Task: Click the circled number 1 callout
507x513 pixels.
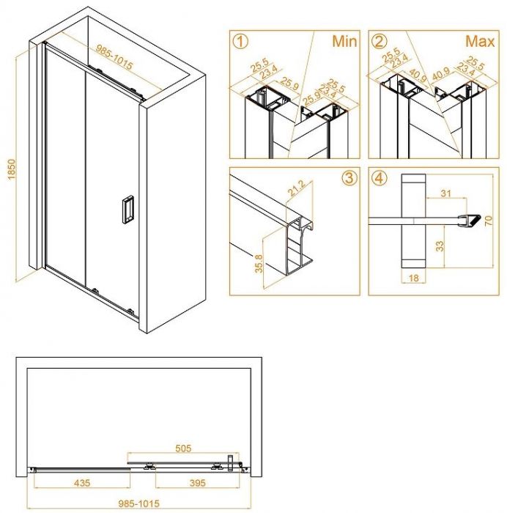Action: click(240, 40)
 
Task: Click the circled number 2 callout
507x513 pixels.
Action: click(379, 40)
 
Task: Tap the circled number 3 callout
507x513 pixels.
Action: click(350, 177)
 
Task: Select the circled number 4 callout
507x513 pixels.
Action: click(379, 177)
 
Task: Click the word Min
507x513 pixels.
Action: click(344, 41)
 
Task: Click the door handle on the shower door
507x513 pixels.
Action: click(127, 207)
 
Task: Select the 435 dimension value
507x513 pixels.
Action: click(81, 484)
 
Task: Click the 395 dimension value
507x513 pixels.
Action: click(193, 484)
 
